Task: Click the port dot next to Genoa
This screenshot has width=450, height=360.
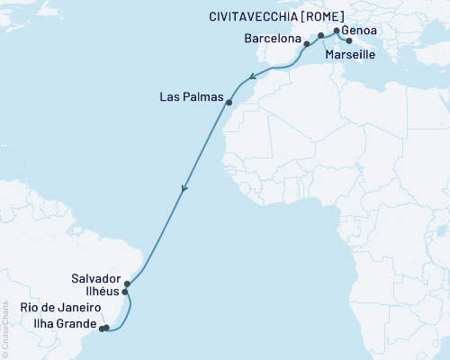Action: pos(337,31)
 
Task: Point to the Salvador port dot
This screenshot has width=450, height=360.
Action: pos(127,283)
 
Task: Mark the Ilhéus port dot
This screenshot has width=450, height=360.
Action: pos(125,292)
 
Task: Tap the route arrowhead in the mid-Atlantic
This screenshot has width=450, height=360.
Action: pos(184,190)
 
